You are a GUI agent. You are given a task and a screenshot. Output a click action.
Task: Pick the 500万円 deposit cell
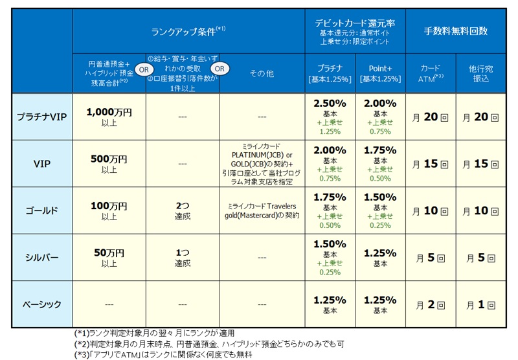(109, 164)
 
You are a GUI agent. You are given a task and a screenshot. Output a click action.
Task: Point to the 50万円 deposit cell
(109, 257)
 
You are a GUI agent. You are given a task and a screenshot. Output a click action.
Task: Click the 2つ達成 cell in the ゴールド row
(183, 210)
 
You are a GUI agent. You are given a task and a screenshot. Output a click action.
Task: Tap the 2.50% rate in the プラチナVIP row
(330, 104)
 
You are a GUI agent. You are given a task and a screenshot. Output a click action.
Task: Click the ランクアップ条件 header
(188, 30)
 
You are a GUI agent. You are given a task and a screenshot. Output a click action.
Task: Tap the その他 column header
(262, 73)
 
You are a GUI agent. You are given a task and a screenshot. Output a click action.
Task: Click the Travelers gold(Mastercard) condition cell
(262, 210)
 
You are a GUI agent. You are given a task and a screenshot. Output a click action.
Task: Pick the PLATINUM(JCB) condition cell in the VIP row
(262, 164)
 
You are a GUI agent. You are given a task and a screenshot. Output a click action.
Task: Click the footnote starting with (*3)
(163, 354)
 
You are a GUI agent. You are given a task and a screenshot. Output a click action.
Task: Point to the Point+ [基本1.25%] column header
(380, 73)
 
